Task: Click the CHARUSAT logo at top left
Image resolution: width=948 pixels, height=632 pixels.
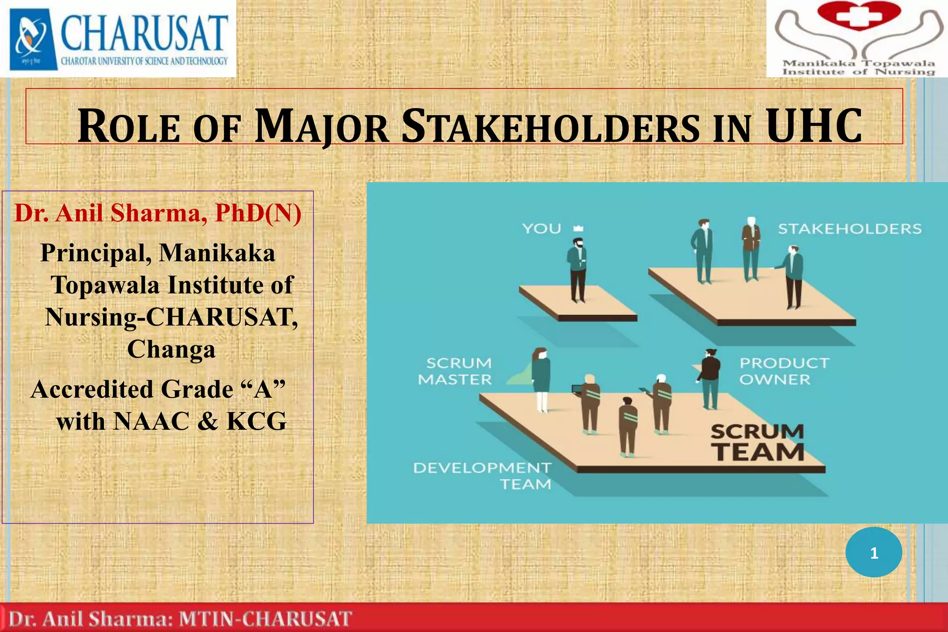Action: coord(118,38)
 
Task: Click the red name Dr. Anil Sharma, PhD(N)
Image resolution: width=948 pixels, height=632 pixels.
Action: coord(158,213)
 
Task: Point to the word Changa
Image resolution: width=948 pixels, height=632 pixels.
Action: coord(171,349)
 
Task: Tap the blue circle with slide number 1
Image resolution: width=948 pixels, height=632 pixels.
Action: coord(873,553)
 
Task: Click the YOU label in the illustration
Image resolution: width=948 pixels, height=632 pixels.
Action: coord(541,229)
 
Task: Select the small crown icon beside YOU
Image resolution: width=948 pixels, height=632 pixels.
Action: coord(578,228)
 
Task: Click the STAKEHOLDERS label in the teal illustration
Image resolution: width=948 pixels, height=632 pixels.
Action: coord(849,229)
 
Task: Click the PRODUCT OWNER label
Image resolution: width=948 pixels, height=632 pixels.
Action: coord(784,371)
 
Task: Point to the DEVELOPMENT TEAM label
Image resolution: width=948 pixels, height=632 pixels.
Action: coord(482,476)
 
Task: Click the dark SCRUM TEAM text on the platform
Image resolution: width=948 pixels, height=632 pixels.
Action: coord(757,443)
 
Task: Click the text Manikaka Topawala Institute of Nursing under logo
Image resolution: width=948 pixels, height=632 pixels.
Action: coord(859,68)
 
